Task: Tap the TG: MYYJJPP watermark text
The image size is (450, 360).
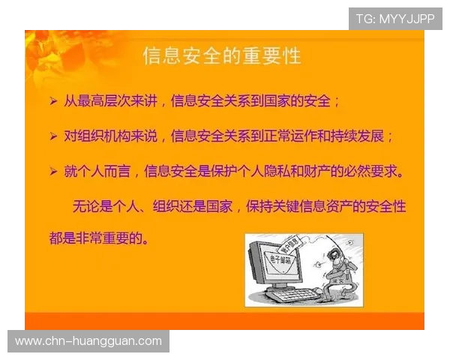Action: (395, 19)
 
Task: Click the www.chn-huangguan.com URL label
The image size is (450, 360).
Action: (88, 341)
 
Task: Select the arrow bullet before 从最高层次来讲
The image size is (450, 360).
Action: (52, 100)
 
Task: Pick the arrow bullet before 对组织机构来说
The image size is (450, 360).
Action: (52, 136)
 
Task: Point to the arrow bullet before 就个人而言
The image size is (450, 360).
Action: (52, 172)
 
